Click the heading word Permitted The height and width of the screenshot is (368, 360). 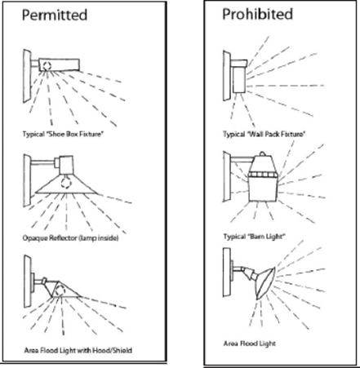click(55, 15)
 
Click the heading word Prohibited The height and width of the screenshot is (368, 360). click(257, 14)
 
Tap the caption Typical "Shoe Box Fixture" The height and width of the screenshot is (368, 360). click(63, 134)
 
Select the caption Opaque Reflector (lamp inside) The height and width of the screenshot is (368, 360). click(70, 238)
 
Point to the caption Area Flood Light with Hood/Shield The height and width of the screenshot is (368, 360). click(78, 350)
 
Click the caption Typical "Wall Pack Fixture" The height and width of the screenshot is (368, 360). click(264, 134)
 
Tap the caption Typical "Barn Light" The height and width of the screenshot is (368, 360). click(255, 237)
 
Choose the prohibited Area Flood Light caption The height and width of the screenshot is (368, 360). click(250, 344)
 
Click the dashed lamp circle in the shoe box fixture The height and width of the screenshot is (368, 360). click(47, 65)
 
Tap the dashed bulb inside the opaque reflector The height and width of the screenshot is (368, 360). click(65, 182)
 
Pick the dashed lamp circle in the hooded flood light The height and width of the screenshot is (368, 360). click(60, 291)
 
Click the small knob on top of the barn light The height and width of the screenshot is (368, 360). click(262, 153)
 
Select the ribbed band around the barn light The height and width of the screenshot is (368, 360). click(263, 175)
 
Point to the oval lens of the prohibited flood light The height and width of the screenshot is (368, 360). click(265, 283)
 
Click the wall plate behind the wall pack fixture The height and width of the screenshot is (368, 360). click(227, 76)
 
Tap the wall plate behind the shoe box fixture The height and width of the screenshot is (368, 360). click(27, 76)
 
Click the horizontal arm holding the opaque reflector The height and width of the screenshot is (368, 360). click(43, 162)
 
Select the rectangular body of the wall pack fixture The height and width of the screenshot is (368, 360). click(239, 79)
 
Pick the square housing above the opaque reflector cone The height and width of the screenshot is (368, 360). click(66, 165)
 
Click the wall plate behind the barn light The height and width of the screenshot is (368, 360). click(227, 177)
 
